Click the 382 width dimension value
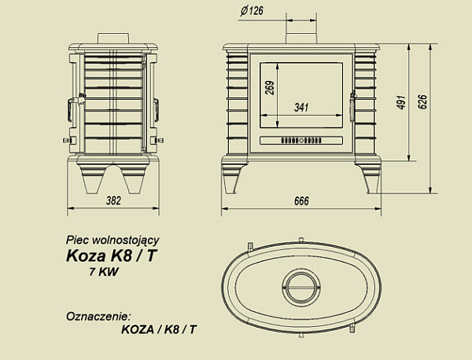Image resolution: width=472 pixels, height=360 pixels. tap(114, 200)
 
